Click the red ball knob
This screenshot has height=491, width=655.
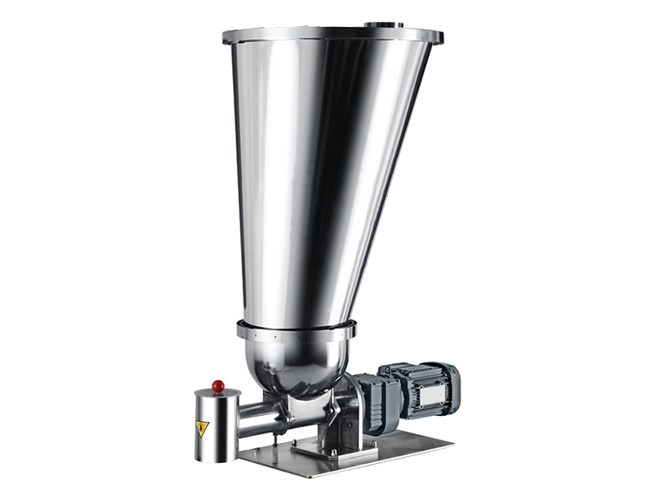[x=217, y=386]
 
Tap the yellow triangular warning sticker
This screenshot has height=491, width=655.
[x=203, y=428]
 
